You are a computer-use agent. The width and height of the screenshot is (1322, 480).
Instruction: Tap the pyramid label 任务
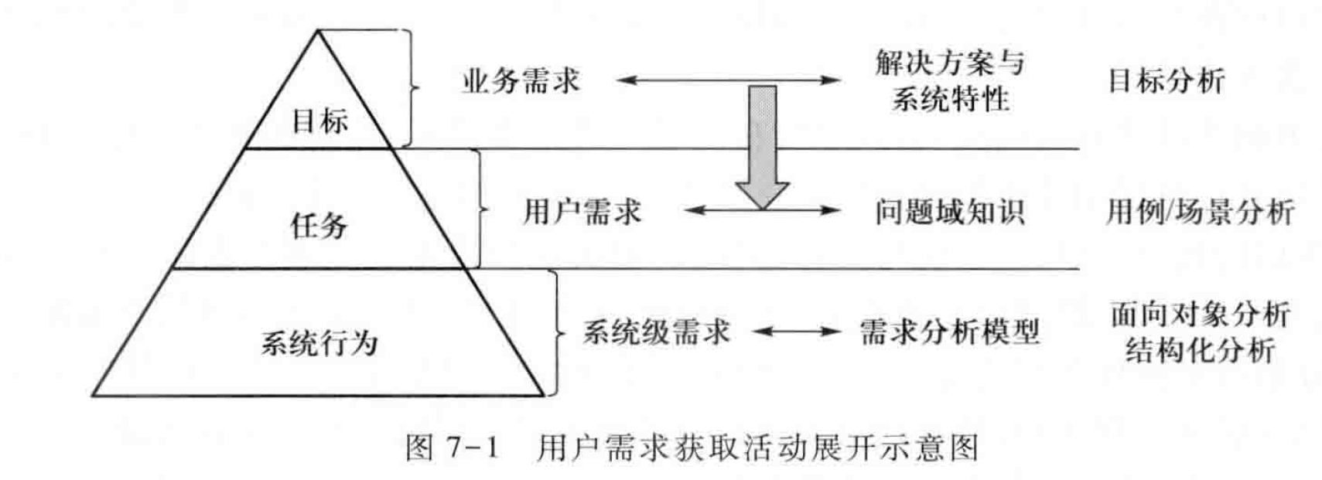tap(319, 226)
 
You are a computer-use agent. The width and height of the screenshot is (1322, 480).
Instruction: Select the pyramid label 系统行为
tap(319, 342)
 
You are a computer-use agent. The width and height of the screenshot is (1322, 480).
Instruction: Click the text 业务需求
tap(520, 80)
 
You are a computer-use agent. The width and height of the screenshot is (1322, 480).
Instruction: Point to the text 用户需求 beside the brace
tap(582, 211)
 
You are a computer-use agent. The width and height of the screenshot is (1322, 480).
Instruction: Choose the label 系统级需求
tap(656, 332)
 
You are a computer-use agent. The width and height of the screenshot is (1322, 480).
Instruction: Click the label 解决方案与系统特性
tap(949, 80)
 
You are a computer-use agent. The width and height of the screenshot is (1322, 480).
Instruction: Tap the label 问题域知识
tap(949, 211)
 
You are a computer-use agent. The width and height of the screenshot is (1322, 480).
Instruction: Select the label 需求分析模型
tap(949, 332)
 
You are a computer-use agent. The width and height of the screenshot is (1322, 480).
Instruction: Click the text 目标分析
tap(1166, 80)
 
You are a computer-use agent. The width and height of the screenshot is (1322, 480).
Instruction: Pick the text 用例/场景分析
tap(1199, 211)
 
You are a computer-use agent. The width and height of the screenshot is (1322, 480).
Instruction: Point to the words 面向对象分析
tap(1200, 314)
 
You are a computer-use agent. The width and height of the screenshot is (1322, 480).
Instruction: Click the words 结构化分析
tap(1200, 350)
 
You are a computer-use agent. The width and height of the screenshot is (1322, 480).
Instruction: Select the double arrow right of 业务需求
tap(728, 80)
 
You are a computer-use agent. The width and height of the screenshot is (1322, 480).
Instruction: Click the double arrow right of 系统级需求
tap(796, 332)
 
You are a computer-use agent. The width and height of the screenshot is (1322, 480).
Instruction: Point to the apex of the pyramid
tap(317, 31)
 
